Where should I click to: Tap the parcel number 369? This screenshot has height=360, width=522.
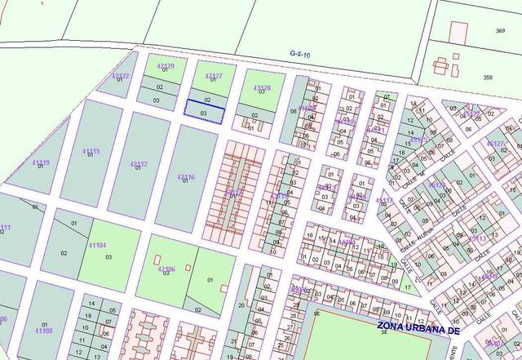point(500,30)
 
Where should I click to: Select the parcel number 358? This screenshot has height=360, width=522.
point(488,77)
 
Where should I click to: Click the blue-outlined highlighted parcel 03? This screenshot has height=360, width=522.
point(203,111)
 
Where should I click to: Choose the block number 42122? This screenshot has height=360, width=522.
point(120,77)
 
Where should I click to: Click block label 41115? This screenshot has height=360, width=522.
point(91,151)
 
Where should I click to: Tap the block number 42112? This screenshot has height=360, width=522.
point(139,164)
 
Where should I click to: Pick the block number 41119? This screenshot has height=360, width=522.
point(42,162)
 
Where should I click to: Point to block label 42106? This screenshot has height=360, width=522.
point(166,269)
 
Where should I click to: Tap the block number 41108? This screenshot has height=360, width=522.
point(42,331)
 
